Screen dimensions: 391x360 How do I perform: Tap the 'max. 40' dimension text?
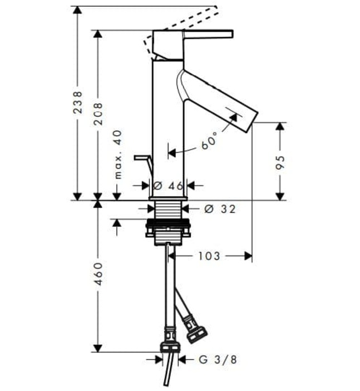pos(118,154)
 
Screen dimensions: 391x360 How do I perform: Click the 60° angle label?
pos(209,142)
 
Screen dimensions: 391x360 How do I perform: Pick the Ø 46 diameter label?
pos(168,185)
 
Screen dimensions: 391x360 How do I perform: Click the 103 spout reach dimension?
pos(209,256)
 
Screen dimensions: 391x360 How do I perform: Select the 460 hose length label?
pos(98,274)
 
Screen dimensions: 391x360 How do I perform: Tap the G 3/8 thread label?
pos(218,360)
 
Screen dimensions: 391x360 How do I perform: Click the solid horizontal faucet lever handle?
pos(208,34)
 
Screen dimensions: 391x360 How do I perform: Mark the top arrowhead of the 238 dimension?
pos(78,10)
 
